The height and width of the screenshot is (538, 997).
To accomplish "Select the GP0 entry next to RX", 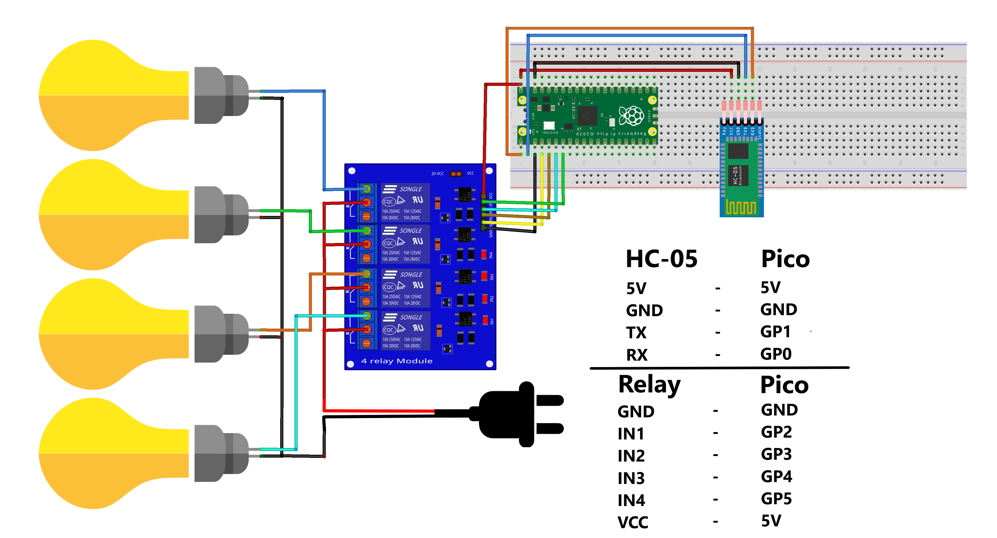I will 776,354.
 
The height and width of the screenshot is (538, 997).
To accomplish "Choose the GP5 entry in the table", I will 776,498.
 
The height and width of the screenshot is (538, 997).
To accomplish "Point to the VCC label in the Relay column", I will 632,522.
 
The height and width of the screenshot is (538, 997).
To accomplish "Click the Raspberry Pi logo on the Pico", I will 631,115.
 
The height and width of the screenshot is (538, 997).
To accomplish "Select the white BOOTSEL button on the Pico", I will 549,125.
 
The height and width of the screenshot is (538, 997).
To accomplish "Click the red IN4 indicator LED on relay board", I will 483,254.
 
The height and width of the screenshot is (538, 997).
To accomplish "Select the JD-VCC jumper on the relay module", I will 456,174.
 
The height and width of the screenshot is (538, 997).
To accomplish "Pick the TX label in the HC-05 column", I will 636,332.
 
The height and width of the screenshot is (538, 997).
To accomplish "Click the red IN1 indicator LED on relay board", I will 485,320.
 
